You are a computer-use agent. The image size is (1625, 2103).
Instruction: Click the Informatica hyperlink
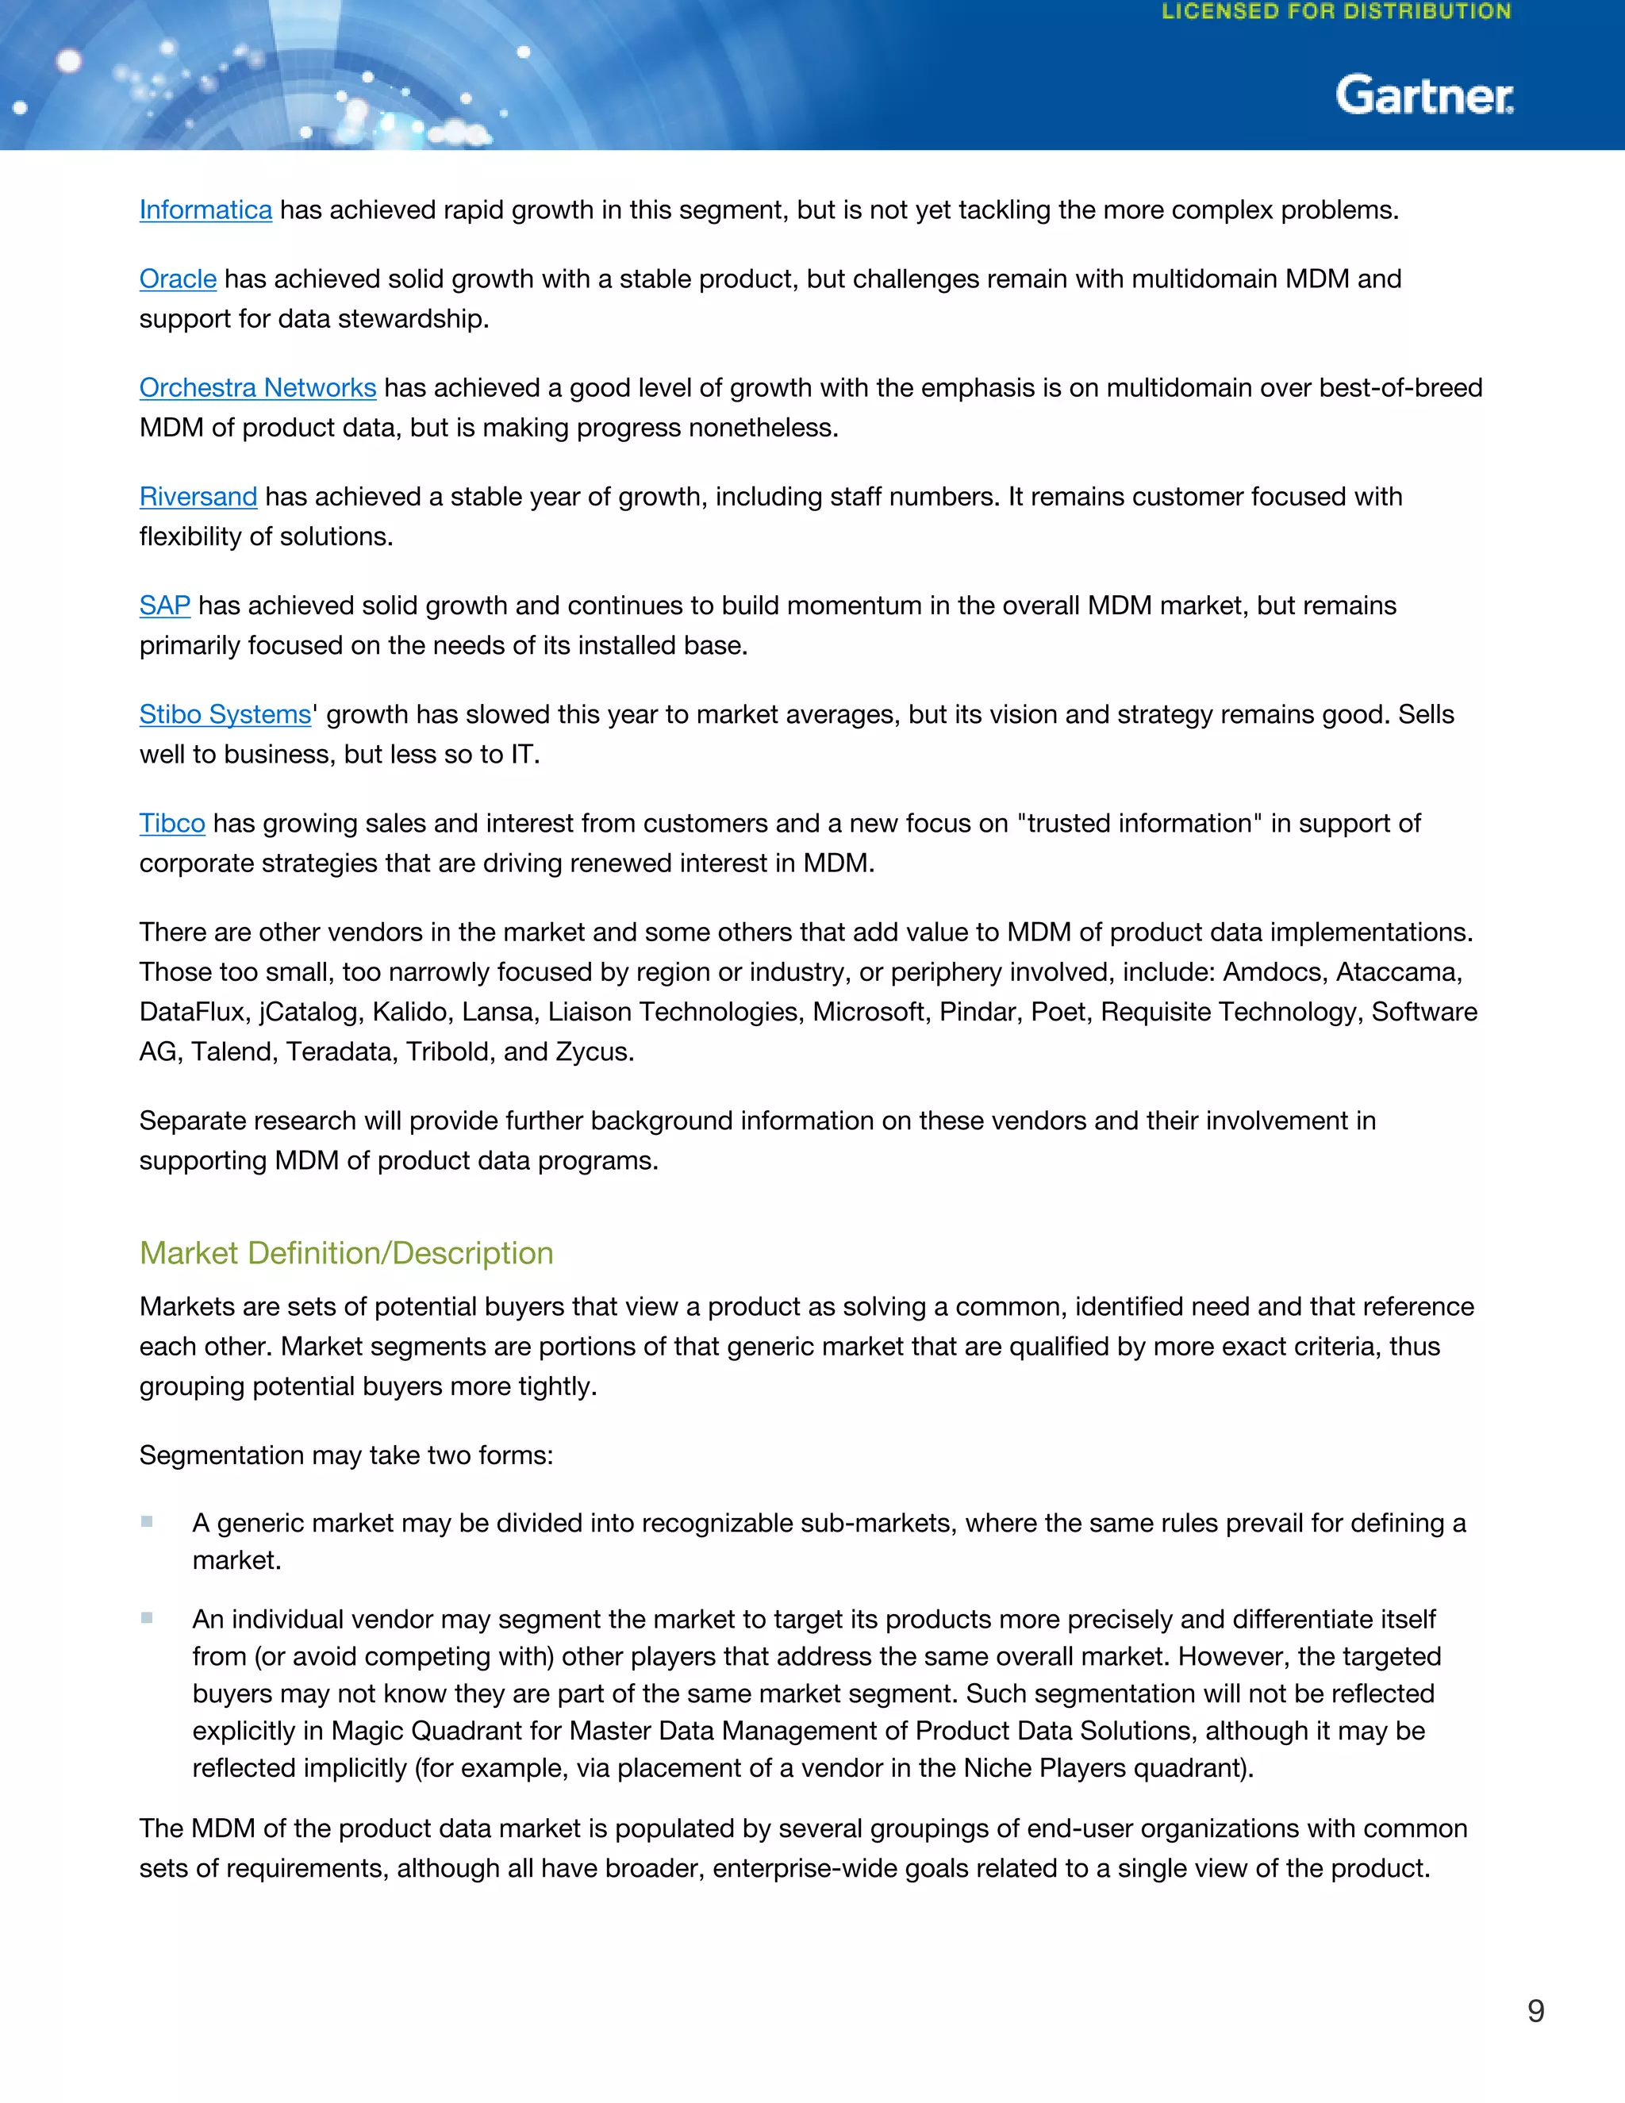205,210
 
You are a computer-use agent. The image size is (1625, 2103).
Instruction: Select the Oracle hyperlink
177,279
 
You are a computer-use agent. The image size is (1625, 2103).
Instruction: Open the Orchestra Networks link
257,388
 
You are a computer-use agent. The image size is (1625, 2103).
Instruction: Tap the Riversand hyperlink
198,497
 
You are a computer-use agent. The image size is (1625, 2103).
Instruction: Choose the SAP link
164,606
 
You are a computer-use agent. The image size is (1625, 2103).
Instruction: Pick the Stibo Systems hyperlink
225,714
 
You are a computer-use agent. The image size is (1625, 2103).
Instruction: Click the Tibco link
171,823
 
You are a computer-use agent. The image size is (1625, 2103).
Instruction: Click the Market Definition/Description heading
346,1253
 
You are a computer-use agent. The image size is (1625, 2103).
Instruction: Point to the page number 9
1535,2011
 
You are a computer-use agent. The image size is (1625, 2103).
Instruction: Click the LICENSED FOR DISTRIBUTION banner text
1336,13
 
